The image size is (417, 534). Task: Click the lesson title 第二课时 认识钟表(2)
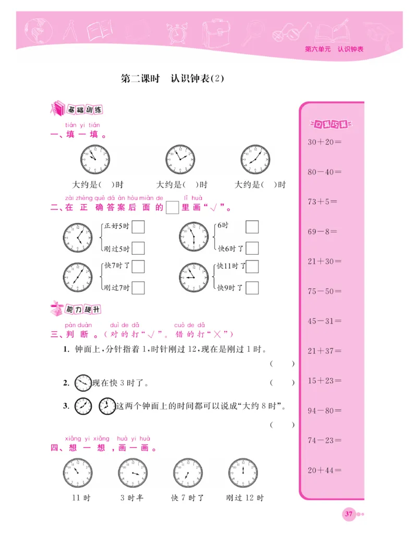point(172,79)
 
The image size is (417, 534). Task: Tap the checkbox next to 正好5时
point(138,227)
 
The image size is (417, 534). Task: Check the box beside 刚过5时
point(138,248)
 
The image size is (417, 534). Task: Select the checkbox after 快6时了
point(252,248)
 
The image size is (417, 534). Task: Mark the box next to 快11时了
point(252,266)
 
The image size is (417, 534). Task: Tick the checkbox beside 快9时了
point(252,287)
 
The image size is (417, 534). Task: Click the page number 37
point(348,514)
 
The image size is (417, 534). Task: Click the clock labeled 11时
point(78,473)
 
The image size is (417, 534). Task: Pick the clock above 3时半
point(132,473)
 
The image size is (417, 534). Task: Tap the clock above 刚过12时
point(243,473)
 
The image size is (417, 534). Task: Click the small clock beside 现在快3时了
point(82,383)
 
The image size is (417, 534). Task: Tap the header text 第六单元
point(317,49)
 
